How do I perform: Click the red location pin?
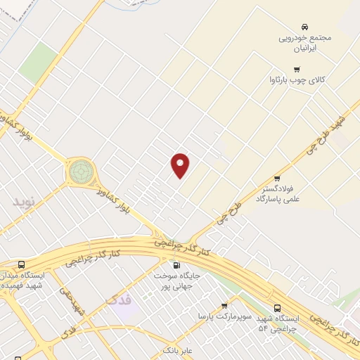click(x=181, y=165)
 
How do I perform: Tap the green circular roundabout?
click(x=80, y=170)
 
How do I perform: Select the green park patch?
click(x=38, y=63)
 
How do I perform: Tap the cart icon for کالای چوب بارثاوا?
click(x=297, y=69)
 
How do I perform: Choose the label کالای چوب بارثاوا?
click(x=300, y=82)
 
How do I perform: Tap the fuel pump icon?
click(x=176, y=265)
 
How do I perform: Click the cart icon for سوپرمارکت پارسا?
click(x=224, y=305)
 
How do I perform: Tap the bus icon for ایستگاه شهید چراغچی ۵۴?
click(x=277, y=308)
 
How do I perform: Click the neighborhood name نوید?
click(x=22, y=202)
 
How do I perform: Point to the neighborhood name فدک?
click(x=118, y=301)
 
